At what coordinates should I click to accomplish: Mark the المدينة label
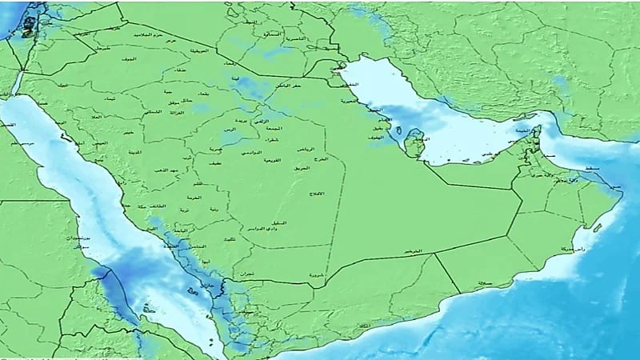pyautogui.click(x=134, y=150)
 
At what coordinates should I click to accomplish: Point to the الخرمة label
pyautogui.click(x=195, y=195)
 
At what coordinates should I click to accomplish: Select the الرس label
pyautogui.click(x=230, y=130)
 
